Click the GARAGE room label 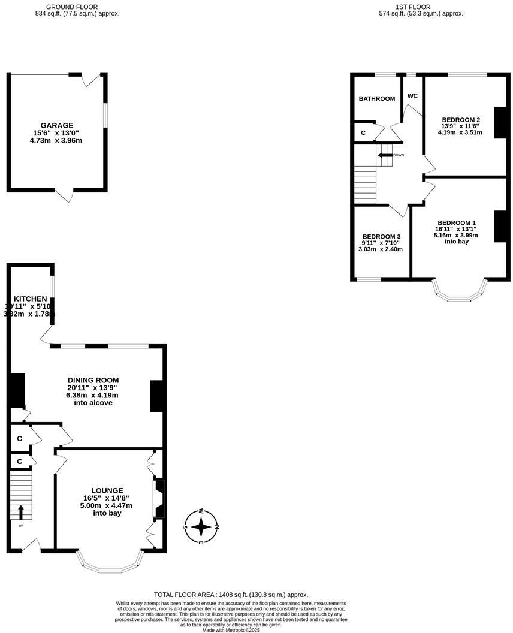coord(57,126)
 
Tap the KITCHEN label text coord(31,299)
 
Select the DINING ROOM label coord(93,380)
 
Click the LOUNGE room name coord(107,490)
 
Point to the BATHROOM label coord(377,99)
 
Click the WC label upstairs coord(412,96)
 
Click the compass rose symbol coord(202,527)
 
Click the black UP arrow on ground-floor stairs coord(21,512)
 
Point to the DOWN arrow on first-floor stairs coord(382,155)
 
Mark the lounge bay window coord(110,567)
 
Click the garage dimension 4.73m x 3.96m coord(57,141)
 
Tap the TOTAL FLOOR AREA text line coord(231,595)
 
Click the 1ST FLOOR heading coord(413,7)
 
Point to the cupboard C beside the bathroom coord(363,132)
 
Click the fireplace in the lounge coord(159,498)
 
